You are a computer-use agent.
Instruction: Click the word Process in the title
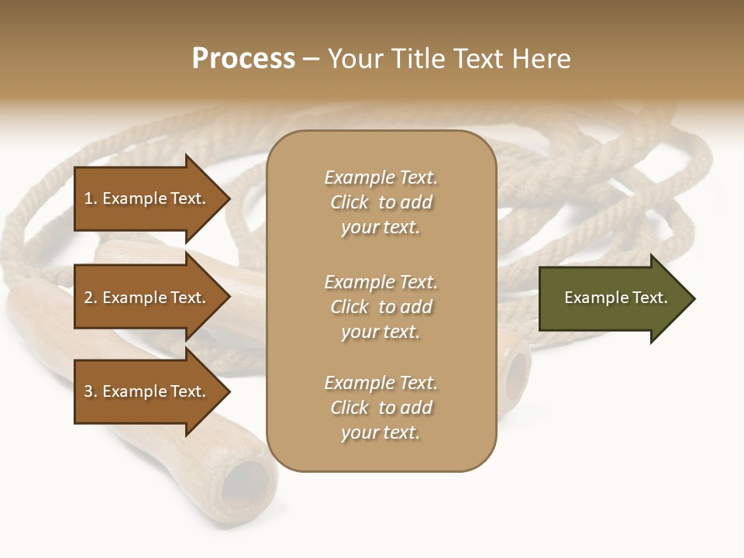click(243, 59)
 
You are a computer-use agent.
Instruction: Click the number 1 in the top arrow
click(88, 198)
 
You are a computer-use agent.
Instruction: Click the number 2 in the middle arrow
click(88, 298)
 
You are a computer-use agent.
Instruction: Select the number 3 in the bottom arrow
click(88, 391)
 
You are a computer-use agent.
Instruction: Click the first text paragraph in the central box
click(381, 202)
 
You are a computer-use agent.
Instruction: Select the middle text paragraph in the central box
click(381, 307)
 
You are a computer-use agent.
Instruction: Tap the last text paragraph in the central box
click(381, 408)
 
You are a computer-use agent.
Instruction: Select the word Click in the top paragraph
click(350, 202)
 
